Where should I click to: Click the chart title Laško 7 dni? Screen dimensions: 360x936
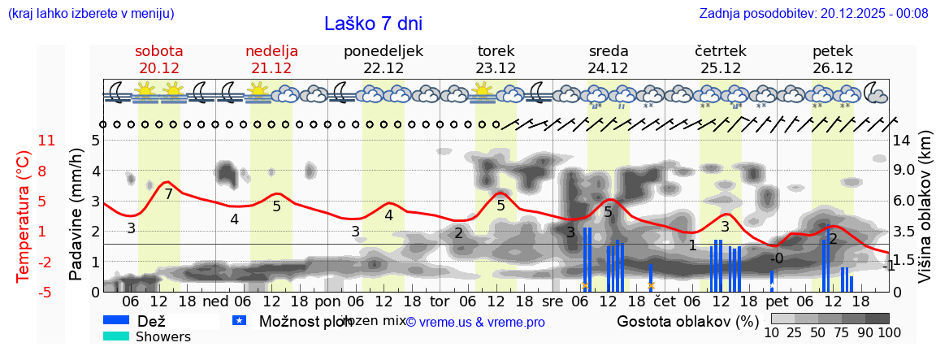(373, 24)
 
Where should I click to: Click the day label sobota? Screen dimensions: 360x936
(158, 51)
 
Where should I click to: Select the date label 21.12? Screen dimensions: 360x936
(271, 68)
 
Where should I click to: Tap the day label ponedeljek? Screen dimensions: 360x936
(383, 51)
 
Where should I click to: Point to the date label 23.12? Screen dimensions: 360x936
(496, 68)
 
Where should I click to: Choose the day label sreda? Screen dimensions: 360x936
(609, 51)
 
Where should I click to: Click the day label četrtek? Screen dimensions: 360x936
(721, 51)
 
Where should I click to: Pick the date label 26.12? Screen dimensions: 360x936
(833, 68)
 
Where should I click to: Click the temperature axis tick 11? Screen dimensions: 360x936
(47, 141)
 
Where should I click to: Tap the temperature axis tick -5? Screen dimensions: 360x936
(47, 292)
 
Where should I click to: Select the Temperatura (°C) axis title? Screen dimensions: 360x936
(23, 215)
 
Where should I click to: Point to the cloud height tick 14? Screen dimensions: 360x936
(902, 141)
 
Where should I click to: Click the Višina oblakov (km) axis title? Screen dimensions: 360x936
(925, 215)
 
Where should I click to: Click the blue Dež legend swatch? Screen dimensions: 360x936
(116, 320)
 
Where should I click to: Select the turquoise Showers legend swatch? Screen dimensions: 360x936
(116, 336)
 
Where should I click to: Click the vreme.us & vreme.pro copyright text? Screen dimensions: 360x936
(475, 322)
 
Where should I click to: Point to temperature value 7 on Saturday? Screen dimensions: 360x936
(168, 194)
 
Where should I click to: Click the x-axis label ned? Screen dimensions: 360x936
(214, 301)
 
